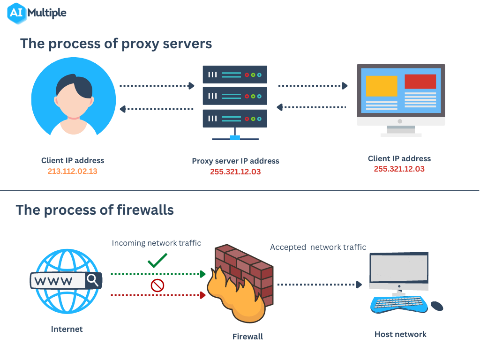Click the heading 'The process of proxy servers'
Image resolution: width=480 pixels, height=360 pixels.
click(116, 44)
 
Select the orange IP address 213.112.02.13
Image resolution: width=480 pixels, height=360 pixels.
click(72, 171)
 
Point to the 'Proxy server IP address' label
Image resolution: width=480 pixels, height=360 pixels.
click(235, 161)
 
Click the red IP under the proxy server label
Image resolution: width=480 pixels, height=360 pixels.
click(235, 172)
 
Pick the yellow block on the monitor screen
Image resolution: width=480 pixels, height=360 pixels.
click(381, 86)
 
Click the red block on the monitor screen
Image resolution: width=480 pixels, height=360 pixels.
click(420, 82)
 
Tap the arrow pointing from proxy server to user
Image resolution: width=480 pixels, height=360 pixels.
click(157, 109)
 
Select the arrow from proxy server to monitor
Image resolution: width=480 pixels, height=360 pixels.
click(313, 86)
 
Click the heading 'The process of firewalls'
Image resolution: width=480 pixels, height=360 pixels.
click(95, 210)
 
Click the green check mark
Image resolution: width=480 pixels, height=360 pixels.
click(157, 260)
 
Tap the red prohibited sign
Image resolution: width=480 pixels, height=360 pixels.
click(157, 285)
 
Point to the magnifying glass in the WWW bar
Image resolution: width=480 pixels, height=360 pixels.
click(93, 280)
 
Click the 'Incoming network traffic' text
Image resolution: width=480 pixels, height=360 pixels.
click(156, 243)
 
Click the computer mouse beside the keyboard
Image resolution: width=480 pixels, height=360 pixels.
click(436, 306)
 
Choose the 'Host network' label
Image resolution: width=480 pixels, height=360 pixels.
click(400, 334)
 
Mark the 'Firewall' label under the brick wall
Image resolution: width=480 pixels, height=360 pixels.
click(247, 337)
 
